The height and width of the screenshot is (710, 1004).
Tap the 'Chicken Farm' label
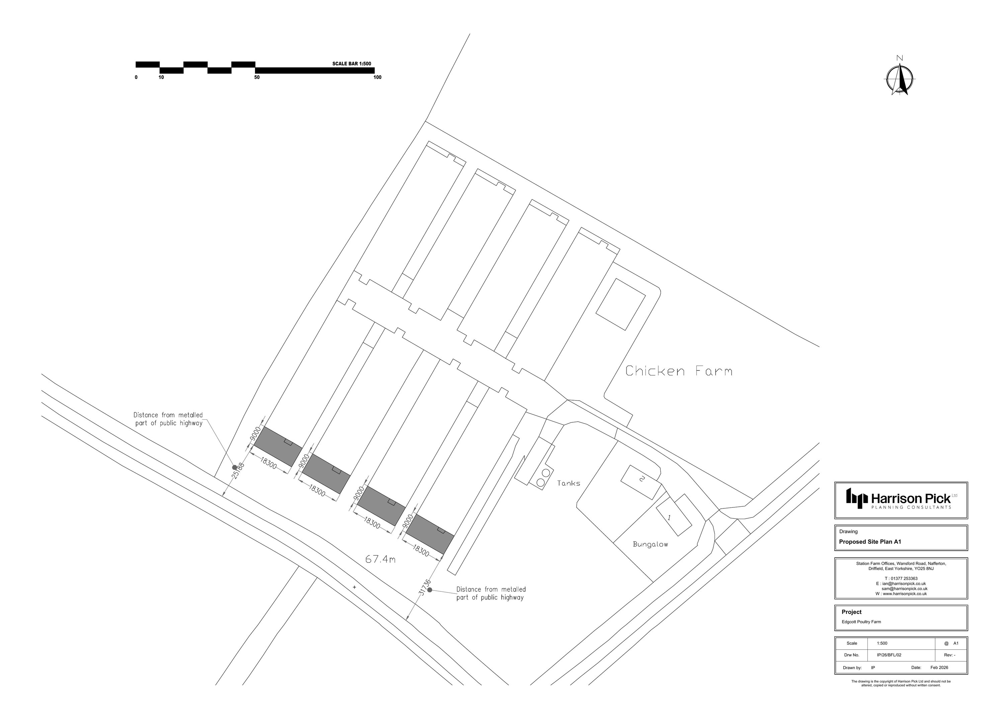pos(678,371)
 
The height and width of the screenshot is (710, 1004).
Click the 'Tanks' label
pos(569,483)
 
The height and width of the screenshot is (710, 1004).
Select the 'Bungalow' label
pos(650,545)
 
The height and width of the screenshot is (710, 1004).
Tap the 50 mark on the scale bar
pos(257,77)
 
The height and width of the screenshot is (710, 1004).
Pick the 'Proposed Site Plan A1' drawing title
pos(870,542)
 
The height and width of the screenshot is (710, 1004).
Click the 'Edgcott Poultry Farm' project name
pos(861,622)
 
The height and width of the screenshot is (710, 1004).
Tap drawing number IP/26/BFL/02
pos(889,655)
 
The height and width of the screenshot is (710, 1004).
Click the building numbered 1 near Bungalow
pos(673,515)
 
